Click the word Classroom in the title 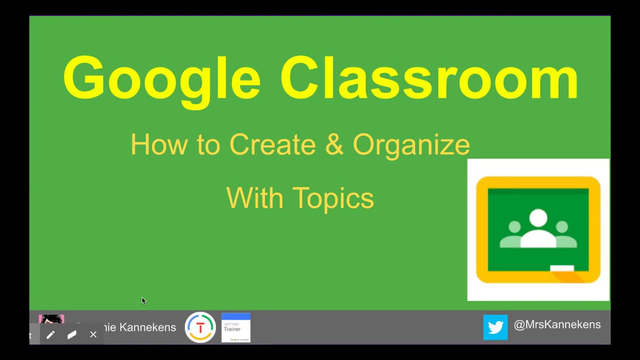click(x=429, y=79)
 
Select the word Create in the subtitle click(x=272, y=145)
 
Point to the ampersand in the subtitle click(x=334, y=145)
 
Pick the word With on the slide click(x=255, y=198)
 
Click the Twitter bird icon click(x=495, y=327)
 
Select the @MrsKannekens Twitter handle click(x=557, y=325)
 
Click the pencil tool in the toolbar click(x=50, y=334)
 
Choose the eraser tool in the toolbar click(x=71, y=334)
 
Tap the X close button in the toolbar click(x=93, y=334)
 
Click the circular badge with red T click(x=200, y=327)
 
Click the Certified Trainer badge click(x=235, y=327)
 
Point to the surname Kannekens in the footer click(x=147, y=327)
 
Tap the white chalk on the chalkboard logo click(x=562, y=268)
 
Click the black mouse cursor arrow click(x=143, y=300)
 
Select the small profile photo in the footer click(x=51, y=320)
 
